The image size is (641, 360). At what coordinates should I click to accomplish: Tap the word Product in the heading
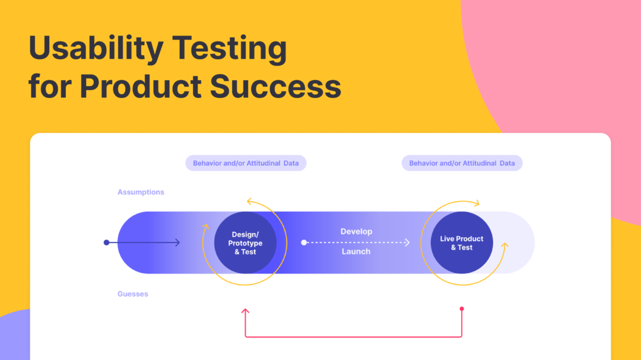[x=141, y=86]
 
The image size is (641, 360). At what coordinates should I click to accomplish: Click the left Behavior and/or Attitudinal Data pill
[x=246, y=163]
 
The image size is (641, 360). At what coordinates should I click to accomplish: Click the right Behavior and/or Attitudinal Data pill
[x=462, y=163]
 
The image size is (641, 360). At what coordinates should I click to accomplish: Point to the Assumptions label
[x=141, y=192]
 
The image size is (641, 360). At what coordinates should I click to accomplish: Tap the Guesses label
[x=133, y=294]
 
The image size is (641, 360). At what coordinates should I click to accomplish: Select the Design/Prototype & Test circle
[x=245, y=243]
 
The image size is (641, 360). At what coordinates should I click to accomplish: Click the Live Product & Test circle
[x=462, y=243]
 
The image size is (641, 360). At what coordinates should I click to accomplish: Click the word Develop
[x=356, y=231]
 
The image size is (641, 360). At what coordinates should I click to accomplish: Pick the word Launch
[x=356, y=251]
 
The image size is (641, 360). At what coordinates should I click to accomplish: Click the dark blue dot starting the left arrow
[x=106, y=242]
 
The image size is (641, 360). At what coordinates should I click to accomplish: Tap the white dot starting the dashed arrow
[x=304, y=242]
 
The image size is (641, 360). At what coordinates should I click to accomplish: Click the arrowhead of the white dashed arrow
[x=408, y=242]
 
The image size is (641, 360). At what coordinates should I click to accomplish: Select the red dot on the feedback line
[x=462, y=309]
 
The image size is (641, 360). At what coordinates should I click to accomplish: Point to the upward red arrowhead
[x=245, y=311]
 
